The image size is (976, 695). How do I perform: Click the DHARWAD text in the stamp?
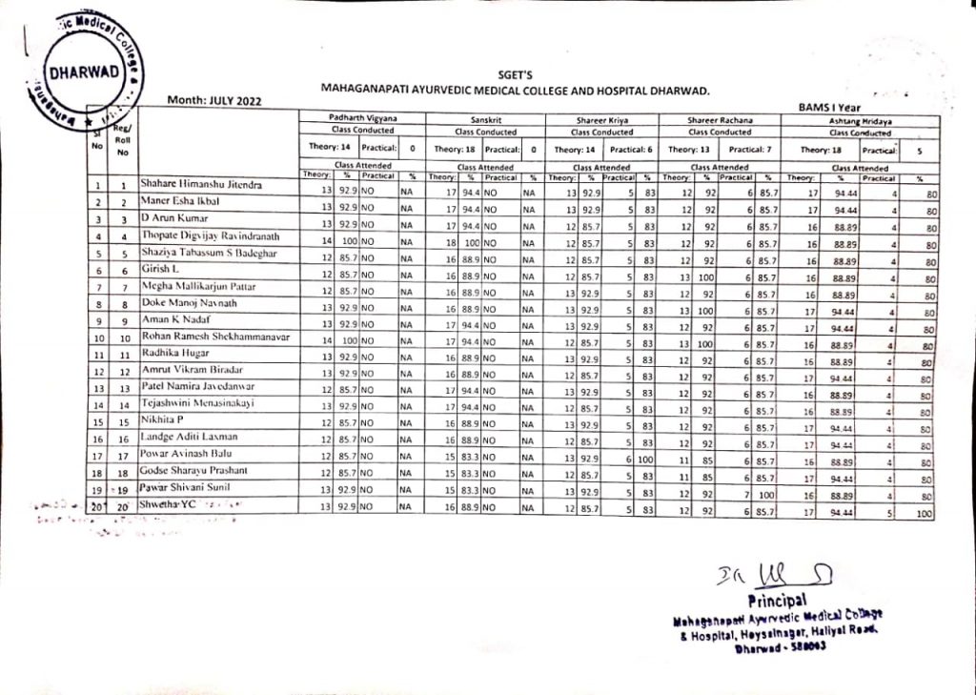click(x=85, y=73)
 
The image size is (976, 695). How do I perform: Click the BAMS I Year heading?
click(x=828, y=109)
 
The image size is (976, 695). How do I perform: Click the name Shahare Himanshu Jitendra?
click(x=202, y=182)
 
